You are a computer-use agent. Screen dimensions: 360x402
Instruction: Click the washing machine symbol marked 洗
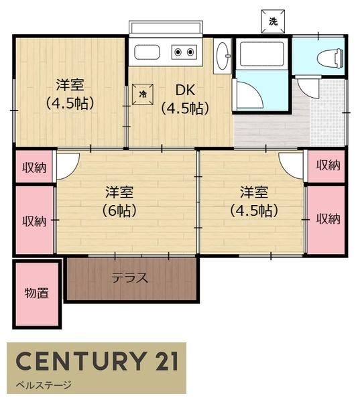click(273, 21)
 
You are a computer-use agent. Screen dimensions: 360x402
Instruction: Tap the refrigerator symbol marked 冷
click(143, 94)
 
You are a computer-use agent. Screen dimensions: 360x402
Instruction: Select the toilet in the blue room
click(330, 58)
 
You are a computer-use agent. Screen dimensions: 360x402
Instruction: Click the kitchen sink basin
click(147, 52)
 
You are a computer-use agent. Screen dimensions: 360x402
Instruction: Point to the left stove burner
click(178, 52)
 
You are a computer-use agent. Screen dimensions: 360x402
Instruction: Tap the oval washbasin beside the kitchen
click(222, 56)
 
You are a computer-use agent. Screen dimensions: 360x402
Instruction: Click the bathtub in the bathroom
click(262, 54)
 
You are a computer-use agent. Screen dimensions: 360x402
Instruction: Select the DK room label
click(185, 99)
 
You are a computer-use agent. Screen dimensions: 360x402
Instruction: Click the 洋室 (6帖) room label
click(119, 202)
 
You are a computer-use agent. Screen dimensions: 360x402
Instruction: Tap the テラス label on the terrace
click(130, 278)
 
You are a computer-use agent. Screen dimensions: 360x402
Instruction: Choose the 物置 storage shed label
click(36, 293)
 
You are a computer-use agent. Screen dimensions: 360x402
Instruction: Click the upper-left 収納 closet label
click(34, 167)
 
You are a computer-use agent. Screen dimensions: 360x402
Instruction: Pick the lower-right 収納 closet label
click(328, 218)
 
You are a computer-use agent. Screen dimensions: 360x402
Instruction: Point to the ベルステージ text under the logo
click(44, 385)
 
